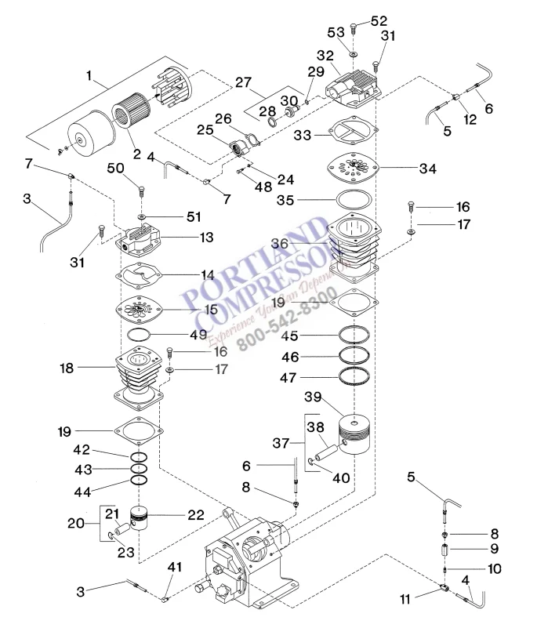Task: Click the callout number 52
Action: [379, 20]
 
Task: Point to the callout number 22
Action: [194, 514]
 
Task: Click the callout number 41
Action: [174, 567]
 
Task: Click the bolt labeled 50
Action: [141, 191]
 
